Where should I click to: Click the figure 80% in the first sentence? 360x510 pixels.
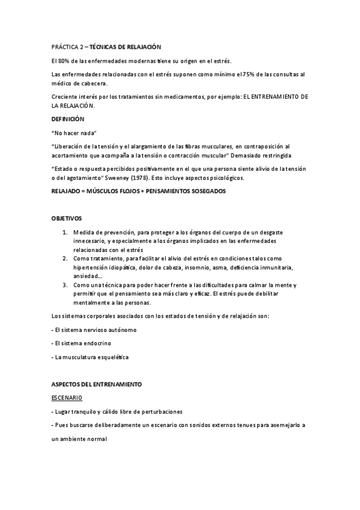click(66, 61)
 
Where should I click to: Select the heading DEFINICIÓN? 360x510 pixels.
click(69, 119)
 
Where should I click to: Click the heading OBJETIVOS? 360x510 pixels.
click(67, 218)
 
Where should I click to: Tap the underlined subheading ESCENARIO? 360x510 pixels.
click(68, 398)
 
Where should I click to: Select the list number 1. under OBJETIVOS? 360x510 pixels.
click(65, 232)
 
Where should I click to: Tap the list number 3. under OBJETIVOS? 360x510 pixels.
click(65, 284)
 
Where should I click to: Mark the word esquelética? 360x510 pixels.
click(112, 357)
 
